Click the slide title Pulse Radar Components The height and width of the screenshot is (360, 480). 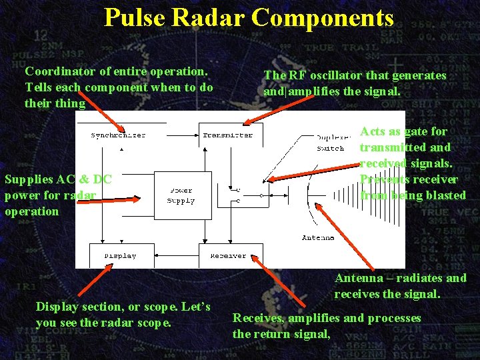(249, 17)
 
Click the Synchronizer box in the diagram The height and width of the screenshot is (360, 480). (118, 135)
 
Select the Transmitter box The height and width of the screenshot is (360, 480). (227, 135)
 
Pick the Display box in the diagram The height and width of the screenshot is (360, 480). (120, 255)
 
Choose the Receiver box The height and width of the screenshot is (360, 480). (228, 255)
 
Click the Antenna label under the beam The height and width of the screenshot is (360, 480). (319, 237)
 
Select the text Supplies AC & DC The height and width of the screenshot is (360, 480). (57, 179)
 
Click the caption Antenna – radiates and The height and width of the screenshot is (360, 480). (400, 278)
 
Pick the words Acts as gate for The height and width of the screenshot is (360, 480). (403, 131)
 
